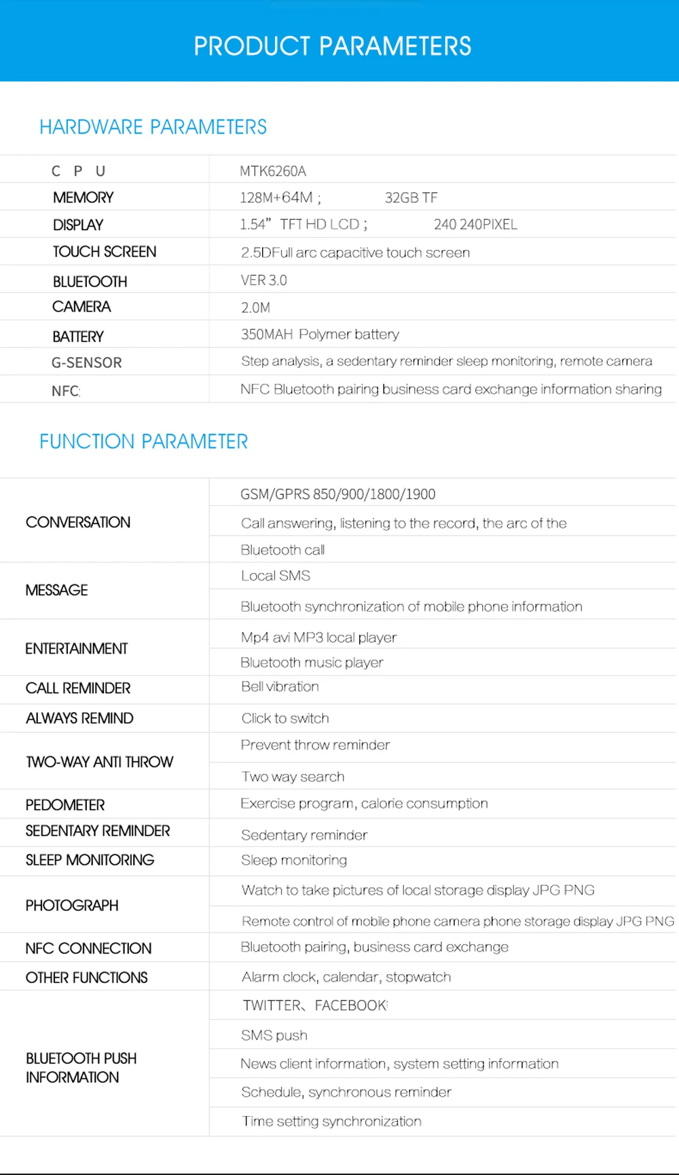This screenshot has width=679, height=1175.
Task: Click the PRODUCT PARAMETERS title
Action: pos(332,46)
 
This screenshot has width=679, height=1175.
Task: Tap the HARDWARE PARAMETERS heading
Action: pos(153,127)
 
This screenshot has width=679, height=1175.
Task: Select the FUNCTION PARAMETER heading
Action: pos(143,441)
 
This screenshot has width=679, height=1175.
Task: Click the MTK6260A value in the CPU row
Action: pos(273,171)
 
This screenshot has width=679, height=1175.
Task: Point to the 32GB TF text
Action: pos(411,198)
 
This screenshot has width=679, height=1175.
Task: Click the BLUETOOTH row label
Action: pos(90,282)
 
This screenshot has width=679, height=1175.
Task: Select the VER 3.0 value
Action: pos(263,280)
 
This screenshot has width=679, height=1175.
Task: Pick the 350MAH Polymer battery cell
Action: pos(320,334)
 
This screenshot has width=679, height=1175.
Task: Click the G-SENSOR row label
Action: pos(87,363)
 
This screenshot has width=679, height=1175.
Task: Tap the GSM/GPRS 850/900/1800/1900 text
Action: pos(337,494)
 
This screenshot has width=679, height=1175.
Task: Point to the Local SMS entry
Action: pos(275,576)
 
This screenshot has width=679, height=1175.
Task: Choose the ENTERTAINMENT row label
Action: pos(76,649)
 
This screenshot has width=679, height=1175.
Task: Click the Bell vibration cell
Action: pos(280,686)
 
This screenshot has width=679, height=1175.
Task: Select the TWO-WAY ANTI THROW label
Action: pos(99,762)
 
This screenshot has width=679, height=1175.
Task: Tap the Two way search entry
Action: pos(293,777)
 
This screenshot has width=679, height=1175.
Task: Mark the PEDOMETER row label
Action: pos(65,805)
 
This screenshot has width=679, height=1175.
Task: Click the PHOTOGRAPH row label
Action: pos(72,906)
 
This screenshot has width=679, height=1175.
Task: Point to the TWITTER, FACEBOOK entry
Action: pos(315,1005)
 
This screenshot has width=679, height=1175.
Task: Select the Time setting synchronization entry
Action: pos(331,1121)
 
